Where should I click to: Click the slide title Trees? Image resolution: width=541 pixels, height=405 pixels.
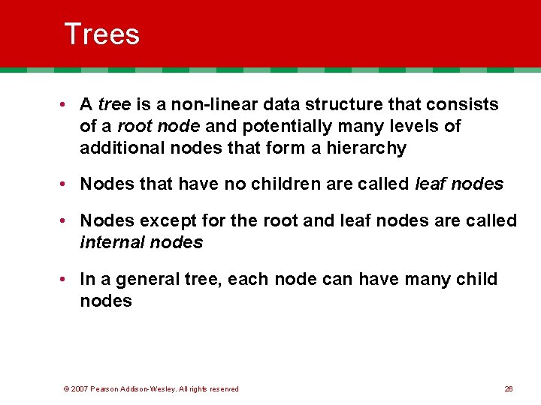point(102,34)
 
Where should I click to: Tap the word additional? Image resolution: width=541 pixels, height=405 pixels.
point(116,148)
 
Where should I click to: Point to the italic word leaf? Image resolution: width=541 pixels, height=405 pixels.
point(431,184)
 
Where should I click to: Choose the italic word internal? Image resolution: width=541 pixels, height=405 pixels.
point(112,242)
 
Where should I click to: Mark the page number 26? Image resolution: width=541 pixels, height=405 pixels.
point(509,388)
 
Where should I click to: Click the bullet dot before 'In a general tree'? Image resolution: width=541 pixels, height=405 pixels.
point(68,279)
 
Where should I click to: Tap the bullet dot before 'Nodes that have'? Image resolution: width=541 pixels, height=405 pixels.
point(68,184)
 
